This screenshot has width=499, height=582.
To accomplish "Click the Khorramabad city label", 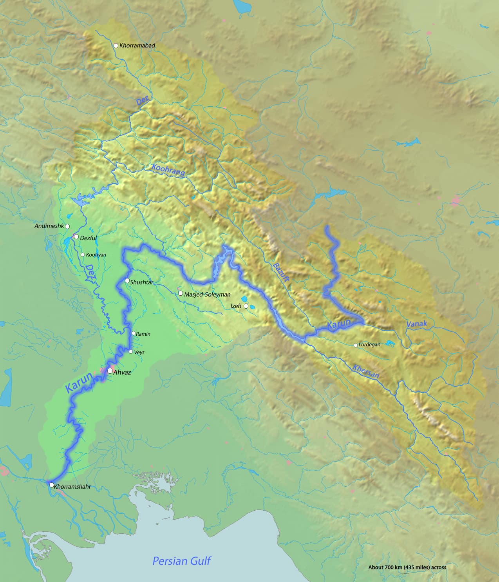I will [137, 45].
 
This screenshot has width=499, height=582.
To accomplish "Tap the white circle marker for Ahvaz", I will [110, 371].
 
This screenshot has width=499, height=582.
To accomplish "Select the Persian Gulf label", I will [181, 560].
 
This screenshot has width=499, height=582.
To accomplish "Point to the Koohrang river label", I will [168, 171].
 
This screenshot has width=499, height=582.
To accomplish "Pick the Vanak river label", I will [417, 324].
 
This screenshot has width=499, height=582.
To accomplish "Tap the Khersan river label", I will [366, 371].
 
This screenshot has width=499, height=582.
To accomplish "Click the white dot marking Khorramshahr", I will [51, 485].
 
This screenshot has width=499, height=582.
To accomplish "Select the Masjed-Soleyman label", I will [207, 294].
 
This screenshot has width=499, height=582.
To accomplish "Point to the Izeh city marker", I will [246, 306].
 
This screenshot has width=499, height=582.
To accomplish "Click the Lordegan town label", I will [369, 345].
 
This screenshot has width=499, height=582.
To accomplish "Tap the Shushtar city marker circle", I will [127, 280].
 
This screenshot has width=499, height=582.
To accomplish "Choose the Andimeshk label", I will [49, 226].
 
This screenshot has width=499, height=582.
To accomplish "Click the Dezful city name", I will [88, 238].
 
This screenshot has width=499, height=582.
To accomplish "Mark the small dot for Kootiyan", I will [83, 255].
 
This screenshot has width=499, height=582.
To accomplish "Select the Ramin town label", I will [143, 334].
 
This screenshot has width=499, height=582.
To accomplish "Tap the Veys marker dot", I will [131, 352].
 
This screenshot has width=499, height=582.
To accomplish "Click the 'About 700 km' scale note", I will [407, 567].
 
